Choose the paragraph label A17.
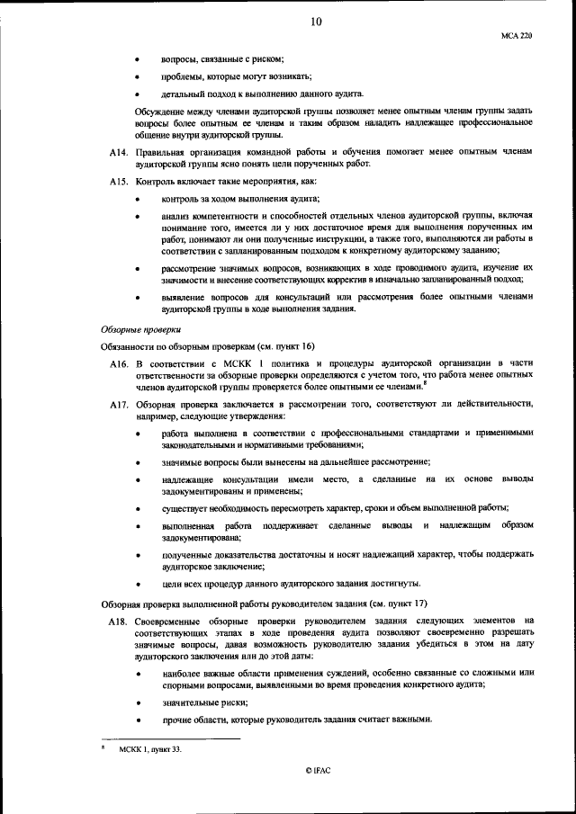pyautogui.click(x=112, y=405)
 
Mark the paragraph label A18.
pyautogui.click(x=112, y=621)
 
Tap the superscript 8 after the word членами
pyautogui.click(x=424, y=383)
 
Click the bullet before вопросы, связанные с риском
pyautogui.click(x=137, y=59)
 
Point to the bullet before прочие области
pyautogui.click(x=137, y=719)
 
